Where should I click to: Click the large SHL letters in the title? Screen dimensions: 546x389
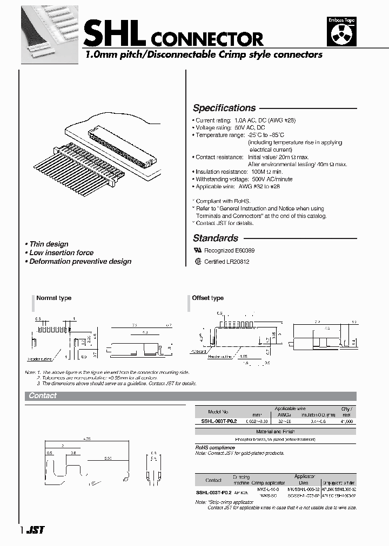[x=114, y=33]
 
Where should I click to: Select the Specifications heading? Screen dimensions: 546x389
[x=224, y=108]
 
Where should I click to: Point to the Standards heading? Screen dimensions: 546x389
[x=216, y=238]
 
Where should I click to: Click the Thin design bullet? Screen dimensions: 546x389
[x=49, y=244]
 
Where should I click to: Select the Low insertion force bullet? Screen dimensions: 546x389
[x=61, y=252]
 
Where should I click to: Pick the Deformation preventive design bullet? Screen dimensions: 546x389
[x=80, y=261]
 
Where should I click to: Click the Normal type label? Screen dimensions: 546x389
[x=53, y=298]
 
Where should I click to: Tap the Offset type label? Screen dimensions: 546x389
[x=208, y=298]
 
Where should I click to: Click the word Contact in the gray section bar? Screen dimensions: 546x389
[x=43, y=395]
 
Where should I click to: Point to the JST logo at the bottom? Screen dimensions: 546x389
[x=36, y=530]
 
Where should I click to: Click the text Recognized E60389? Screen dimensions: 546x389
[x=229, y=251]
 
